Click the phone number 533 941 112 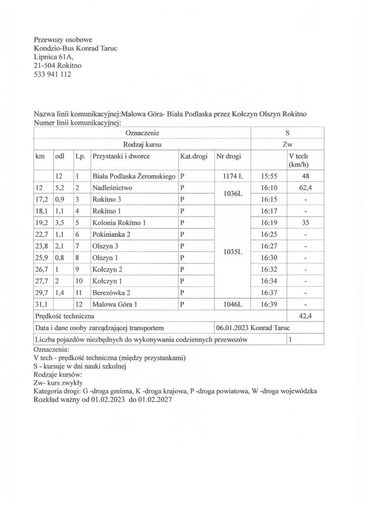coord(52,75)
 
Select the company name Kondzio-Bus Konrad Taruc coord(76,48)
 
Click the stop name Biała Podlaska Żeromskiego coord(134,176)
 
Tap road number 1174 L coord(230,176)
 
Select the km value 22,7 coord(41,235)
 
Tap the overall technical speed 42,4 coord(305,316)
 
